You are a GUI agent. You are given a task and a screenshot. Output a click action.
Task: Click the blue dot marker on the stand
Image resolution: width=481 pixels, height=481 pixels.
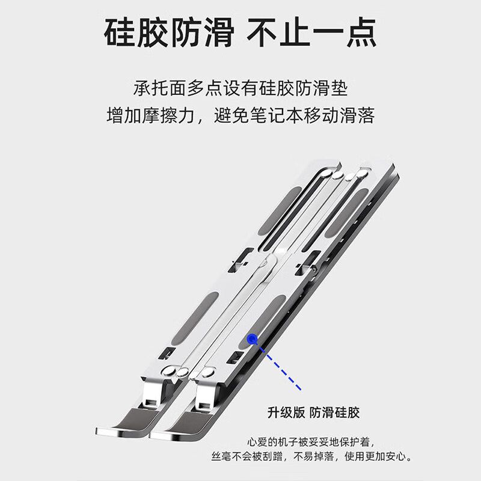[x=252, y=339]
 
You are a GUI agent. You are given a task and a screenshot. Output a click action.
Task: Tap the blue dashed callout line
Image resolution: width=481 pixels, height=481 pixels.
[x=280, y=368]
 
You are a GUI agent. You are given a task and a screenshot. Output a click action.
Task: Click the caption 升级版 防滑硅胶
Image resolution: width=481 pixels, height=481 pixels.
[x=313, y=412]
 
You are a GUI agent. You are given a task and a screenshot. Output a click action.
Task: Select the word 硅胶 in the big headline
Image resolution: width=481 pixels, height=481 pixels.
[x=136, y=32]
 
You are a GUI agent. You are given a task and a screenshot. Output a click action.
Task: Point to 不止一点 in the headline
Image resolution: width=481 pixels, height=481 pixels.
[x=312, y=32]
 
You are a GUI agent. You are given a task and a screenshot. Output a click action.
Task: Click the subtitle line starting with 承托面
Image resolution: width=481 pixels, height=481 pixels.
[x=240, y=88]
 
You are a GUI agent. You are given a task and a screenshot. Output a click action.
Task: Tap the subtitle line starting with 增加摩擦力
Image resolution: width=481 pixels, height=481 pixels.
[x=240, y=115]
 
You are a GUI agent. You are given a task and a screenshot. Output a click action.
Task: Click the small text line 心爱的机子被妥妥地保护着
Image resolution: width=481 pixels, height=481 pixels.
[x=311, y=442]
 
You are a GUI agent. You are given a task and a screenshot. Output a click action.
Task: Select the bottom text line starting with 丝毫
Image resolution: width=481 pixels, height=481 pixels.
[x=311, y=456]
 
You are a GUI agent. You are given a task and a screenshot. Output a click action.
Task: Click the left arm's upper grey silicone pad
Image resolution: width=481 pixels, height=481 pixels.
[x=280, y=211]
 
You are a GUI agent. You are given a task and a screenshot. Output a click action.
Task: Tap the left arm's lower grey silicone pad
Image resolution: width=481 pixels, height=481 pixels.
[x=195, y=318]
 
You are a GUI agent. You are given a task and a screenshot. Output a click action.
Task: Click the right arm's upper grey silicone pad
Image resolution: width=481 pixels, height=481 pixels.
[x=346, y=212]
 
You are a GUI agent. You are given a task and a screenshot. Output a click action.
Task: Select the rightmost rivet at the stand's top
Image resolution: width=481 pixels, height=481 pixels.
[x=362, y=174]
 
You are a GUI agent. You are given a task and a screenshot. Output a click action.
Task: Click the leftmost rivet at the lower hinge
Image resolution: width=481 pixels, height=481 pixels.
[x=168, y=370]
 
